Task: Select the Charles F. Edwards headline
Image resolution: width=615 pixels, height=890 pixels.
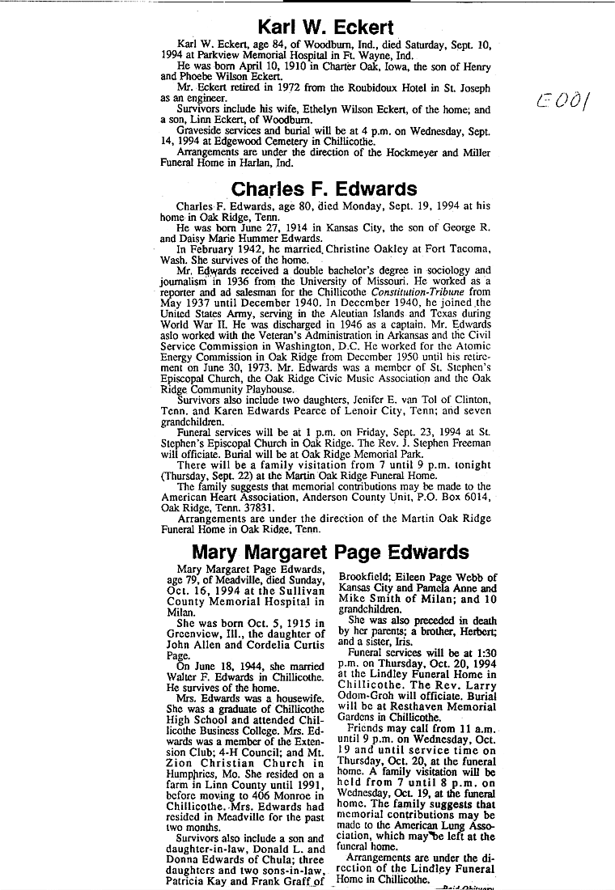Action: pos(324,189)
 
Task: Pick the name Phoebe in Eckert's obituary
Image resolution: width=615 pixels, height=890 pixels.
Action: pos(212,75)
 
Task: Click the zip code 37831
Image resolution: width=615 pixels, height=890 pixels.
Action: pos(251,508)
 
